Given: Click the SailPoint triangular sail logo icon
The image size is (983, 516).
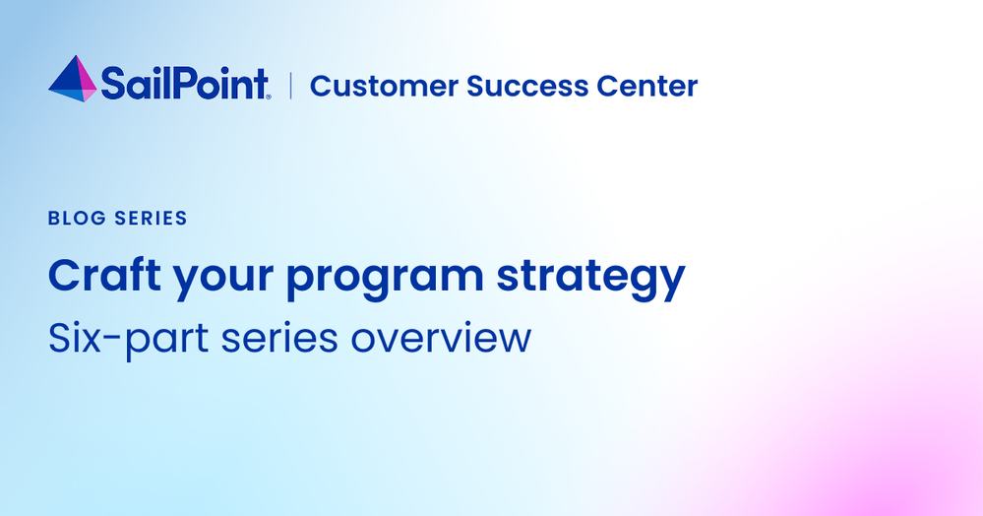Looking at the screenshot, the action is tap(73, 79).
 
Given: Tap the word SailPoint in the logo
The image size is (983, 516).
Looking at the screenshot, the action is tap(185, 84).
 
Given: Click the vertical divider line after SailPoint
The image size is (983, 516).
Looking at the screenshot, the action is tap(291, 86).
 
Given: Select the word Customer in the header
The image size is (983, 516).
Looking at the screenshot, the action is tap(384, 86).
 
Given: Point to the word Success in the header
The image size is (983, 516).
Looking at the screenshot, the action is tap(527, 86).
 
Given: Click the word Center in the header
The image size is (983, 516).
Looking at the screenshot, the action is tap(647, 86).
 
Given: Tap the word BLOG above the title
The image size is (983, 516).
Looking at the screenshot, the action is tap(77, 218).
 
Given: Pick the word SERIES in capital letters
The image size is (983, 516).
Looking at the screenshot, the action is tap(152, 218).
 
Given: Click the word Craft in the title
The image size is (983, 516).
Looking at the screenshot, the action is tap(104, 276).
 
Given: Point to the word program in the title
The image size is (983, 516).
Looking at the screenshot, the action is tap(385, 281).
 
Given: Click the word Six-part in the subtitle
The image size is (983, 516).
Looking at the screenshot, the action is tap(128, 340).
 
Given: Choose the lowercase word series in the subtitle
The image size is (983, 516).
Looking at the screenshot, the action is tap(279, 339).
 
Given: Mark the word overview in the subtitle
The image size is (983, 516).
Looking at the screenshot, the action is tap(441, 340).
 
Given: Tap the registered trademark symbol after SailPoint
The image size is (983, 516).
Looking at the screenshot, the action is tap(269, 97).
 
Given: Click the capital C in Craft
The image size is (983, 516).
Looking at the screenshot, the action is tap(65, 276).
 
